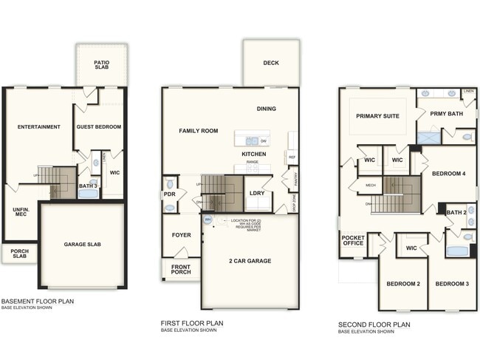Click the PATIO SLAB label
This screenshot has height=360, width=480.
click(x=102, y=65)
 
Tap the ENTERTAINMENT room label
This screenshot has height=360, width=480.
click(x=39, y=126)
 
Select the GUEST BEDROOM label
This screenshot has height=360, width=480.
click(x=99, y=126)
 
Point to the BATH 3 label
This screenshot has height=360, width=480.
click(x=88, y=186)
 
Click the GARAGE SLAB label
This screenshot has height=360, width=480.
click(x=83, y=243)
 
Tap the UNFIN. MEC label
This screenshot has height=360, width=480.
click(x=20, y=214)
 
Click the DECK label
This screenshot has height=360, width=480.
click(x=271, y=63)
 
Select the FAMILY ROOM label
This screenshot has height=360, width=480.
click(x=199, y=130)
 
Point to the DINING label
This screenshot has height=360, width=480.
click(x=267, y=109)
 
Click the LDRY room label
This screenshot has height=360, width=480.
click(x=257, y=193)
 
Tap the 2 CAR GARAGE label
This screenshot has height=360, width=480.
click(x=250, y=261)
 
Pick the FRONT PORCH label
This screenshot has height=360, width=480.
click(x=181, y=269)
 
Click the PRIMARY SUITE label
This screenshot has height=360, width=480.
click(x=377, y=116)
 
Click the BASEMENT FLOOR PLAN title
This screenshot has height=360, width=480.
click(x=37, y=301)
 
